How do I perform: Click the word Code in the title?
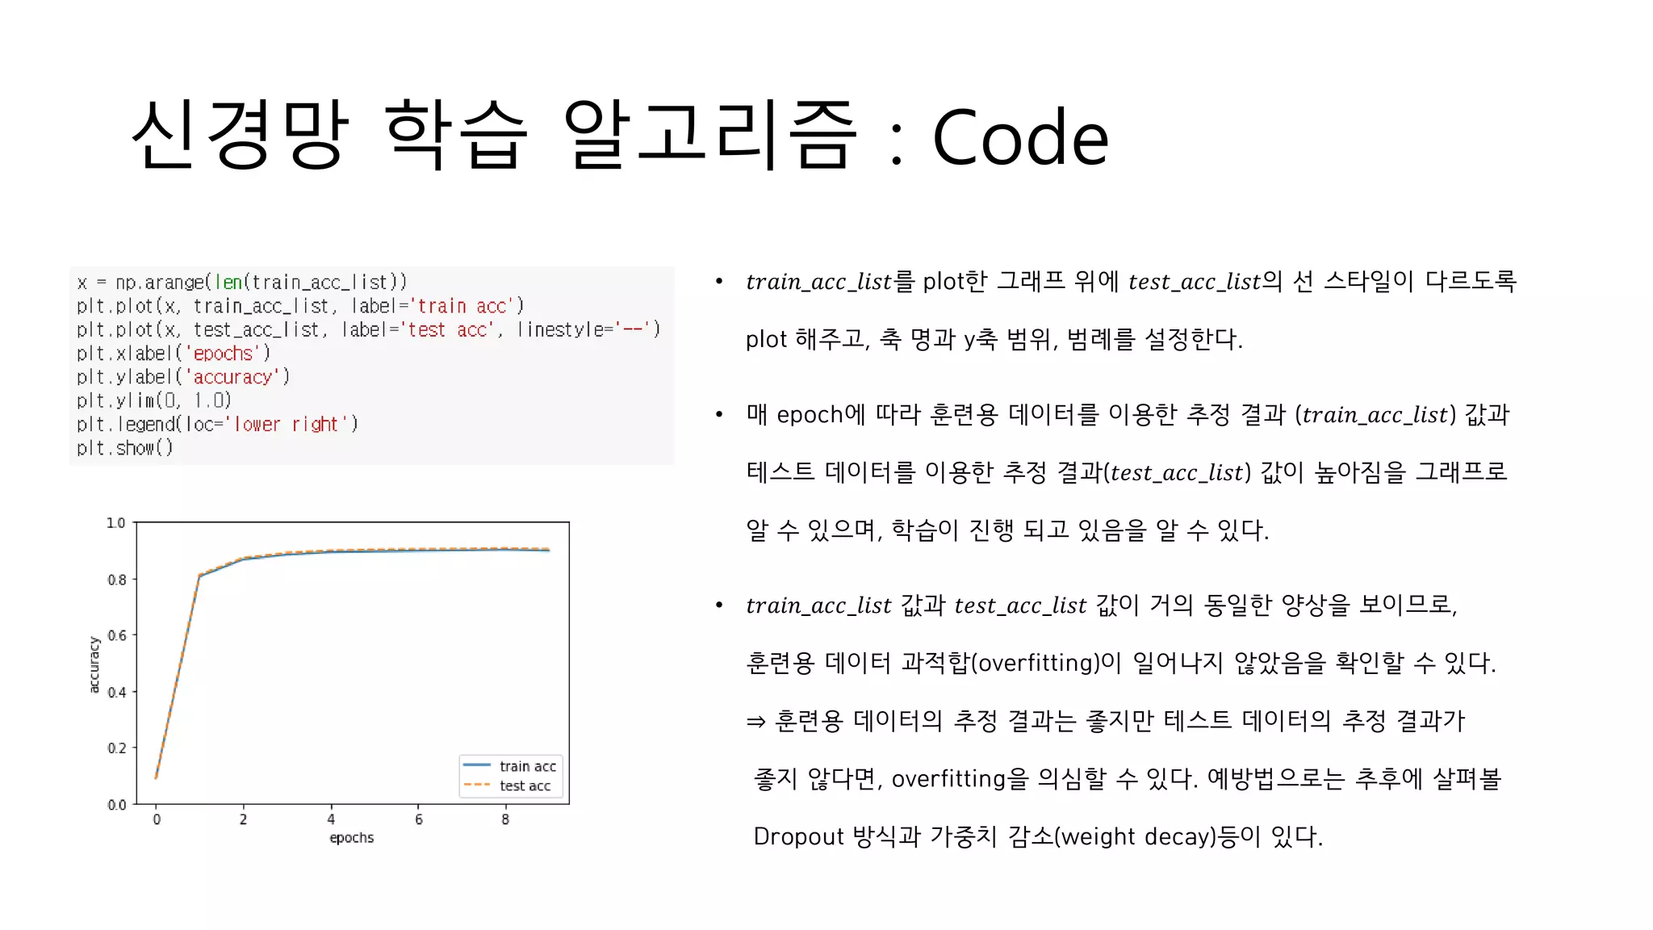click(1020, 137)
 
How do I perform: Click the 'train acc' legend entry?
click(527, 766)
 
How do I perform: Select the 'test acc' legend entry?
click(525, 785)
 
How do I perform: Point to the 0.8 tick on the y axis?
click(117, 580)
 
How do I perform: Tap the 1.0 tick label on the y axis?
click(116, 523)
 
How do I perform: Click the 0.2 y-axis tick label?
click(117, 748)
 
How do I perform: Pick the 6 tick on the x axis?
click(418, 819)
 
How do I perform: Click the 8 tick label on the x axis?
click(505, 819)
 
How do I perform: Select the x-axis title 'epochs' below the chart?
click(351, 838)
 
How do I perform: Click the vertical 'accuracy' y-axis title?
click(94, 664)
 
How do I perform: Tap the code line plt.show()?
click(125, 448)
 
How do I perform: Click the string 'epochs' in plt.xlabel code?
click(224, 354)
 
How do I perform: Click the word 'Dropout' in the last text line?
click(798, 836)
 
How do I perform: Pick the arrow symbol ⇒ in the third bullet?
click(755, 721)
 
